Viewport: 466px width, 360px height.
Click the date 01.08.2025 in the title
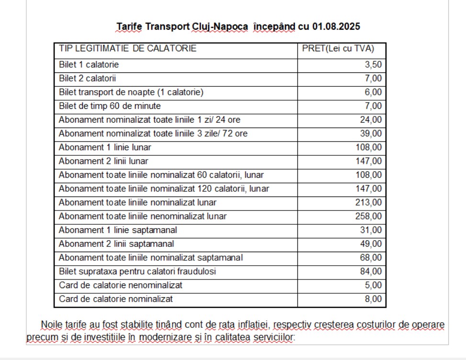(x=336, y=26)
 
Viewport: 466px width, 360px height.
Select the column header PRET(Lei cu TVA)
(x=338, y=49)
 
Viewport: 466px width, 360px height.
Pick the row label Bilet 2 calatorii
(x=88, y=78)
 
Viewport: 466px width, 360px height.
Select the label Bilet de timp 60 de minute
(x=110, y=106)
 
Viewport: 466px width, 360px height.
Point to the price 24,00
(x=372, y=120)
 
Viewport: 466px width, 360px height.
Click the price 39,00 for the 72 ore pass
(x=372, y=134)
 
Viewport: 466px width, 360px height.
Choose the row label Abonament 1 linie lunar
(x=105, y=147)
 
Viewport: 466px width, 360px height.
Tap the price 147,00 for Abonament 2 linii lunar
(x=369, y=161)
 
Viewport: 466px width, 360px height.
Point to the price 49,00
(x=372, y=244)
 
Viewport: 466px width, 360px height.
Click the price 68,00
(x=372, y=258)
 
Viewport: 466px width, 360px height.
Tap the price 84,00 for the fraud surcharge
(x=372, y=272)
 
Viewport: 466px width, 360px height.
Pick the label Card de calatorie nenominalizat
(x=121, y=286)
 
